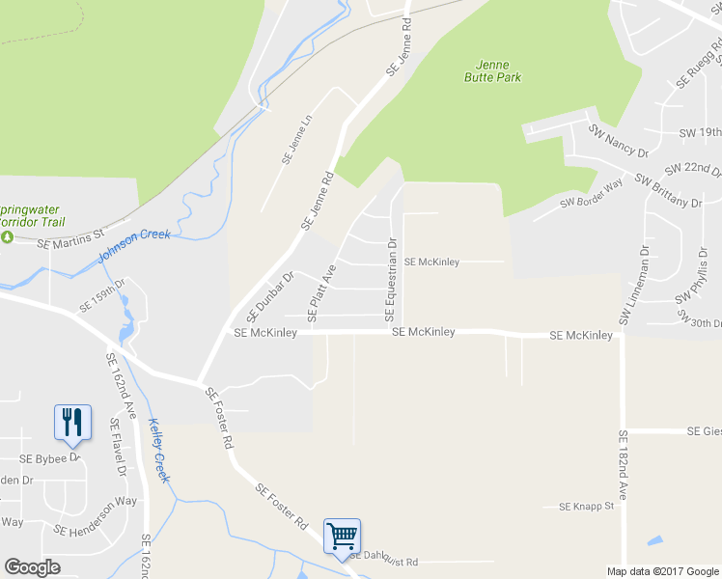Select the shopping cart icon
point(343,535)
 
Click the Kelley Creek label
point(159,450)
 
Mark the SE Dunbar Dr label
point(269,296)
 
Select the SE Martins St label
point(69,241)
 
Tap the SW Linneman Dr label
point(636,285)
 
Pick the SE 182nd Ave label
point(623,464)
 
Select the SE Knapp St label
point(587,507)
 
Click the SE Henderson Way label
point(96,516)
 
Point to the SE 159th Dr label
point(102,295)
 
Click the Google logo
point(32,567)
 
